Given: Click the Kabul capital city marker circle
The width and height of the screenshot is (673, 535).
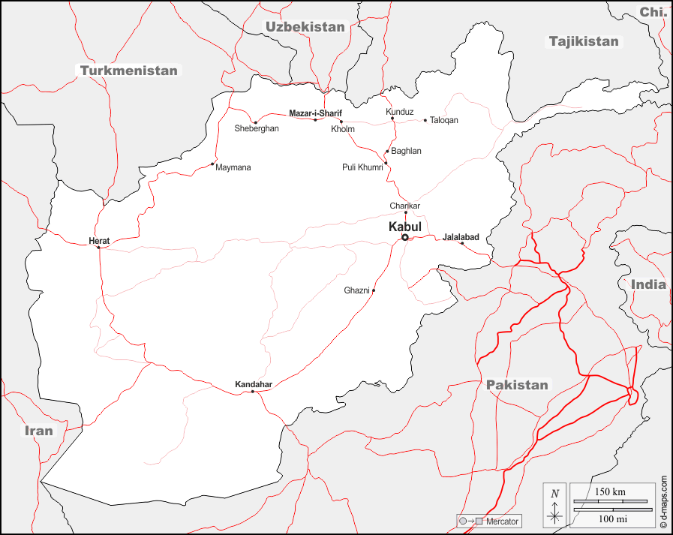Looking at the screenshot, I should (405, 237).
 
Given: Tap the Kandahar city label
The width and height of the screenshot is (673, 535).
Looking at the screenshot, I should (254, 384).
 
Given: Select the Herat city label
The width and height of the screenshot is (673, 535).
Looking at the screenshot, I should (99, 241).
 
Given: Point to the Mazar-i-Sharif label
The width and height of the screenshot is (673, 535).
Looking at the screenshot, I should (315, 113).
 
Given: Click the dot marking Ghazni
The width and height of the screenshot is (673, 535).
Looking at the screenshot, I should (374, 290).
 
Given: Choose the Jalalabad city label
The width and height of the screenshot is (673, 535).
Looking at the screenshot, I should (461, 237).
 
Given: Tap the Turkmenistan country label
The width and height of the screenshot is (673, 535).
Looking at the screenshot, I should (129, 71).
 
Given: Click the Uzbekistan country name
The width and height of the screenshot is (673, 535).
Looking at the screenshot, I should (305, 27).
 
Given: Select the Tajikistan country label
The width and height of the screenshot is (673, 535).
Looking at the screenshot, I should (584, 41).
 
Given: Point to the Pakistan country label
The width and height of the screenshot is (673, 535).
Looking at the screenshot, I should (517, 385).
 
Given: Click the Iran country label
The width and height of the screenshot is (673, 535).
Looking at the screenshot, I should (38, 431).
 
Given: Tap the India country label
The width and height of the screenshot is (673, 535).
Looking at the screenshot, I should (648, 284).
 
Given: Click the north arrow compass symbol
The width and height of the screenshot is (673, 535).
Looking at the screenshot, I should (554, 504).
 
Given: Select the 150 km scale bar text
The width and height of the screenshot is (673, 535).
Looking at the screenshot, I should (609, 491).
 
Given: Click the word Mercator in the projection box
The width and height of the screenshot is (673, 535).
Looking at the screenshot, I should (501, 521).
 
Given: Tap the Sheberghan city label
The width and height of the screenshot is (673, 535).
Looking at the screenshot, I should (257, 129).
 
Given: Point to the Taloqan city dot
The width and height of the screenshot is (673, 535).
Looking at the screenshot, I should (425, 120).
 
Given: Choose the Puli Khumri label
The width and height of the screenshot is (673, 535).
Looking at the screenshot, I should (362, 167).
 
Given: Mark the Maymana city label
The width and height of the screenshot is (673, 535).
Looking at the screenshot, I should (233, 167).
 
